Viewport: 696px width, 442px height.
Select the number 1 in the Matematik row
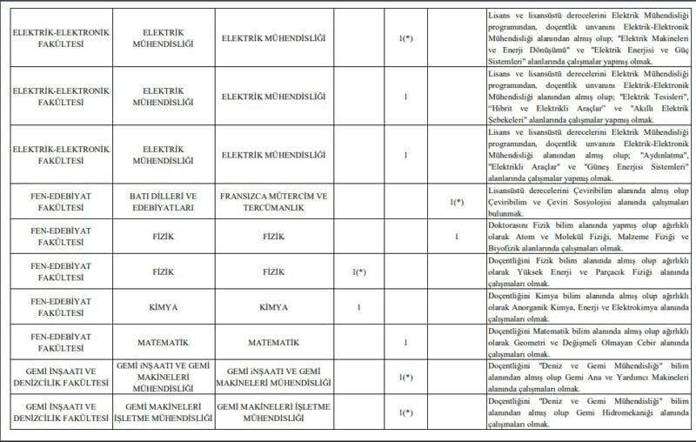[406, 343]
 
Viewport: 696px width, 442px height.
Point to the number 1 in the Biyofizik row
[457, 236]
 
